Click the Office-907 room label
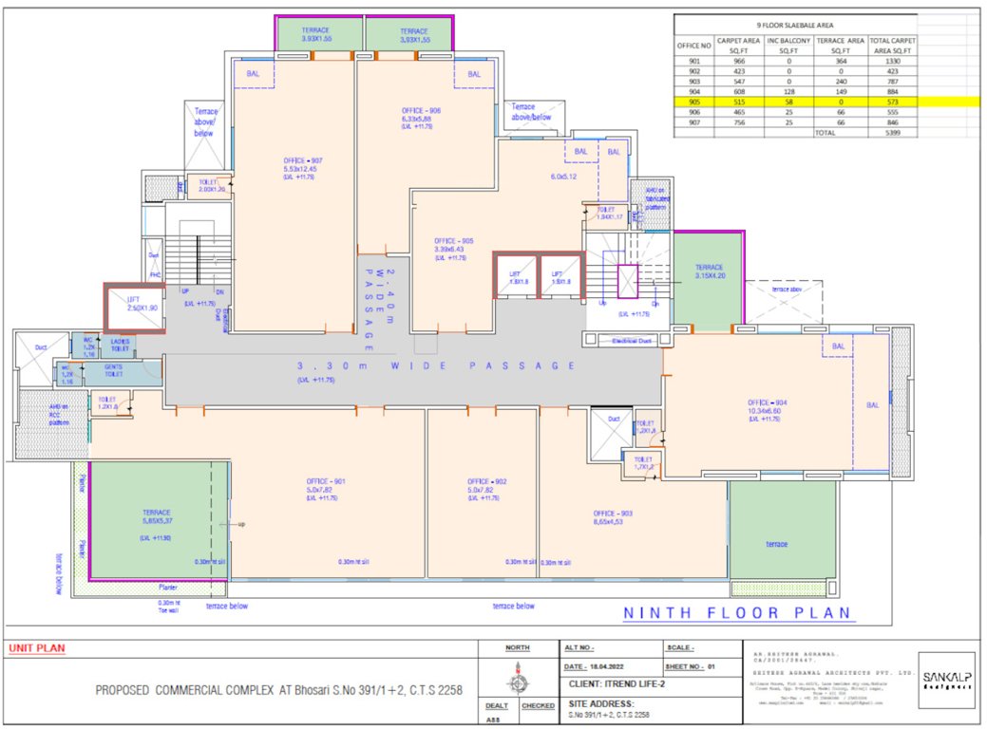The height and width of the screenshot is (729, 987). click(303, 160)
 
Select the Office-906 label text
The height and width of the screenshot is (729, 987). click(421, 111)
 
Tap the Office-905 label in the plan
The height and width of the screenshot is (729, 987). click(453, 241)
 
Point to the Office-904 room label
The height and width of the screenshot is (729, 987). click(768, 402)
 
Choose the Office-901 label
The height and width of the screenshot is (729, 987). click(325, 481)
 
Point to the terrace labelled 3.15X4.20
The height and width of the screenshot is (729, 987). click(709, 272)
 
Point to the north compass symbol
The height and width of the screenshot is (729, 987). click(517, 681)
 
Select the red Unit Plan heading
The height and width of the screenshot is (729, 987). click(36, 648)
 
